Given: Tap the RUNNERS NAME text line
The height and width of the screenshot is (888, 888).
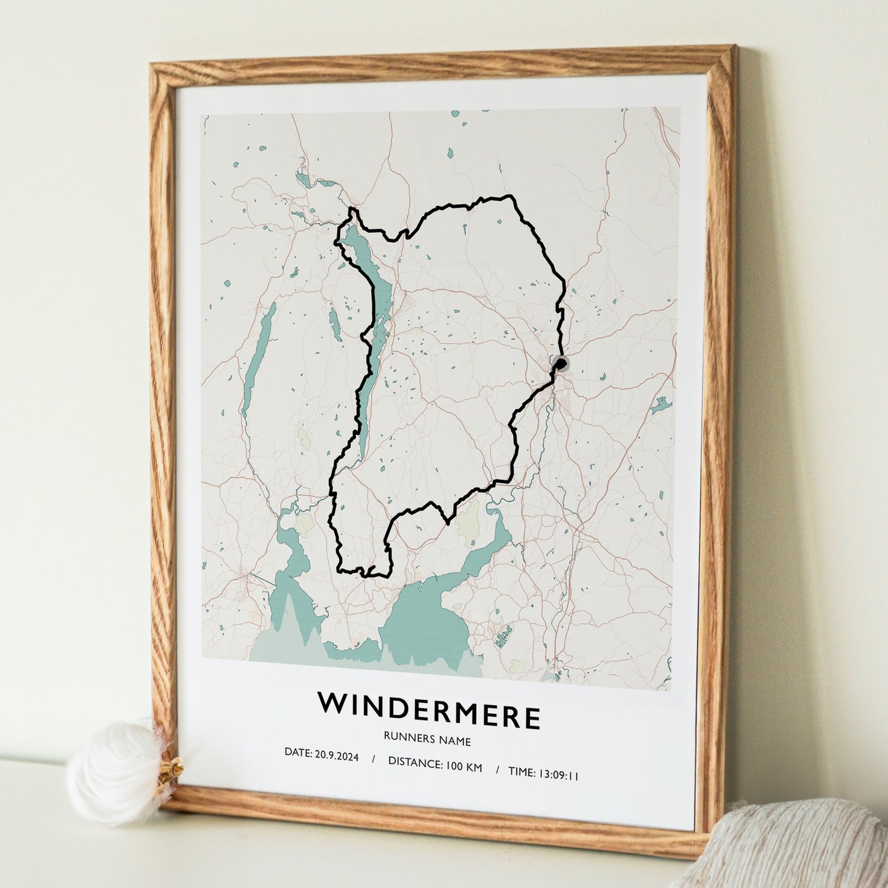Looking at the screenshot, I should pyautogui.click(x=427, y=741).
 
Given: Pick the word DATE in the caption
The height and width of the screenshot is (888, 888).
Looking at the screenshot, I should pyautogui.click(x=298, y=752).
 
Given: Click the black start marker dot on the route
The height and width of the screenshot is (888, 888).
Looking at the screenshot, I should pyautogui.click(x=560, y=365).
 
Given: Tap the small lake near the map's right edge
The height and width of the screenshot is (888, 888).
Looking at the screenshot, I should pyautogui.click(x=661, y=405).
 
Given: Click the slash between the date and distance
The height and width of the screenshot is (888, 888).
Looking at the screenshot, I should pyautogui.click(x=373, y=759).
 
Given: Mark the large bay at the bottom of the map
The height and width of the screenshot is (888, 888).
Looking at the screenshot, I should pyautogui.click(x=424, y=621).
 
